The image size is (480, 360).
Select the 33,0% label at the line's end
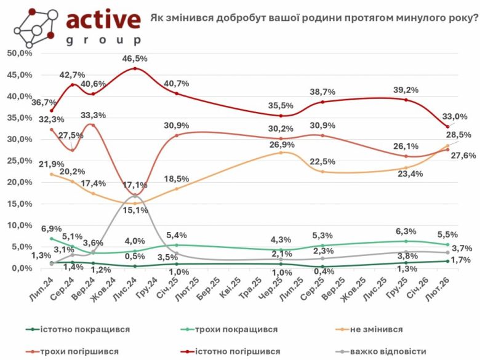point(456,116)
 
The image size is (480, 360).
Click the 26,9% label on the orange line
point(281,145)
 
